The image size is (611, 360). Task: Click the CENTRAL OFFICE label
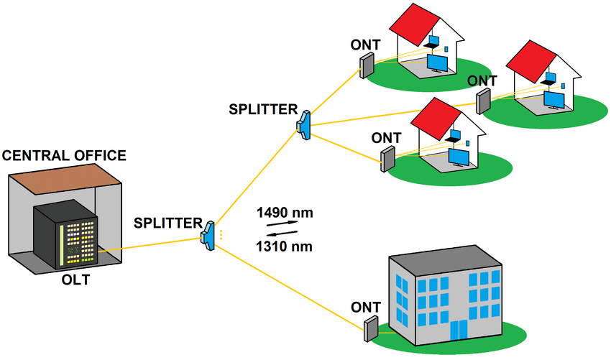pyautogui.click(x=65, y=155)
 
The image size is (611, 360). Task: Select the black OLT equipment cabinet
pyautogui.click(x=66, y=233)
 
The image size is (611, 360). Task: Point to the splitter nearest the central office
pyautogui.click(x=208, y=235)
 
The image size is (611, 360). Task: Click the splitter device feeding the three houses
pyautogui.click(x=303, y=124)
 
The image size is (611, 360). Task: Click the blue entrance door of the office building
pyautogui.click(x=457, y=331)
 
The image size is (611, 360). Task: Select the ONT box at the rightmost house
pyautogui.click(x=483, y=101)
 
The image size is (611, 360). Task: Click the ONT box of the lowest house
pyautogui.click(x=388, y=158)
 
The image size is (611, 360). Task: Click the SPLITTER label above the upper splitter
pyautogui.click(x=263, y=109)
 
